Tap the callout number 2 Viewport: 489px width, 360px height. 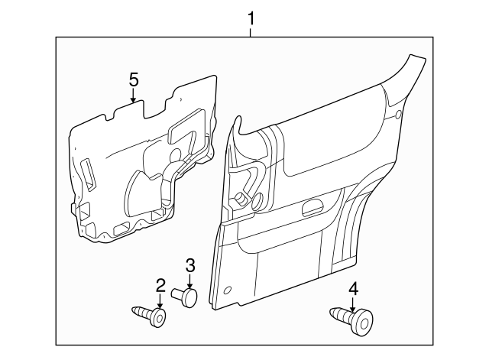coord(160,286)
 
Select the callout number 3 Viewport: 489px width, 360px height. coord(191,265)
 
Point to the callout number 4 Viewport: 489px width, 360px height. coord(353,288)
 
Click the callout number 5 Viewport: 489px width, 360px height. coord(133,79)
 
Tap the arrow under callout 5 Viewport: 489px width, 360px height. coord(133,96)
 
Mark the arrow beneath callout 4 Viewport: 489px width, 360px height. coord(353,303)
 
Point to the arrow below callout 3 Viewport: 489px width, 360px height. coord(191,280)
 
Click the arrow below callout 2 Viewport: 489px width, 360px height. coord(160,301)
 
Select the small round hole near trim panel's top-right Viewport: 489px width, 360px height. coord(400,115)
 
